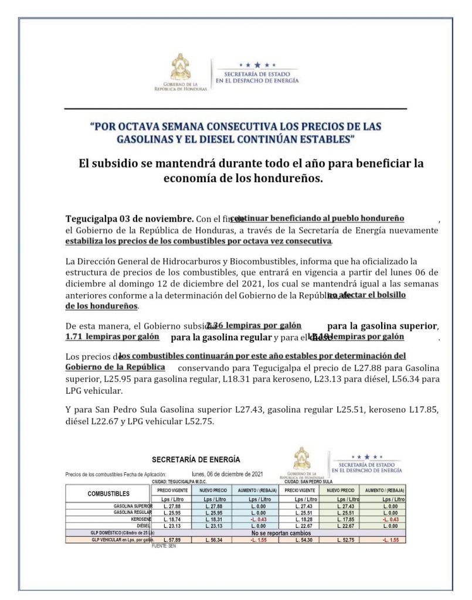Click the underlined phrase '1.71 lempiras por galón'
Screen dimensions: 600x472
click(112, 337)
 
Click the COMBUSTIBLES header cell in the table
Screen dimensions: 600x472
click(108, 493)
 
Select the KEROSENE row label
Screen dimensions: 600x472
click(141, 519)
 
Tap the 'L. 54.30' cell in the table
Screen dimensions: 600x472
click(300, 539)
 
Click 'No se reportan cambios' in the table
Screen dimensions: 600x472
click(281, 533)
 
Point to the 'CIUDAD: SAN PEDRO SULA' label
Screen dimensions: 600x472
click(308, 482)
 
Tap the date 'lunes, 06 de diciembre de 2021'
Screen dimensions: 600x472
click(227, 474)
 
